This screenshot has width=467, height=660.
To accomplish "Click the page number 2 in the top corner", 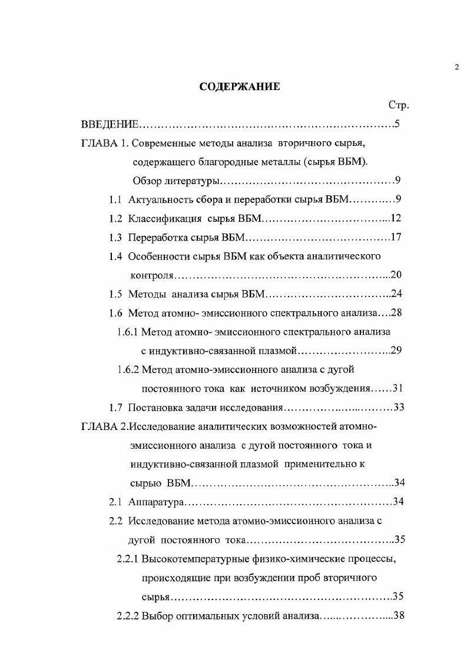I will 456,68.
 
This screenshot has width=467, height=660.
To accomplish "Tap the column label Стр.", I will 399,105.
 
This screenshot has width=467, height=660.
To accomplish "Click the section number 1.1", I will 115,199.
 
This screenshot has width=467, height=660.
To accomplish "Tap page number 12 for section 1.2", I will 395,218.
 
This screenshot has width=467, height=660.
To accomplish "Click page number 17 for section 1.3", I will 395,237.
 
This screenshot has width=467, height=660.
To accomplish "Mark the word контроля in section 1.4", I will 153,275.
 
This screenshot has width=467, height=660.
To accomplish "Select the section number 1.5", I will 115,294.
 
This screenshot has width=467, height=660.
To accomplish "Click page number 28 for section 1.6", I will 395,312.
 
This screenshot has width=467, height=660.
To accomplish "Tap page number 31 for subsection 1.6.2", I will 396,388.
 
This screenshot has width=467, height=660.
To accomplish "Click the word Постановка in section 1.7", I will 155,407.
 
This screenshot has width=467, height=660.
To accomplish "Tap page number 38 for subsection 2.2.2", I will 396,615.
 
